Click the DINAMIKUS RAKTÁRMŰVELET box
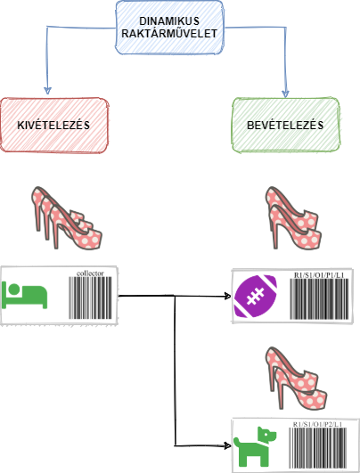pos(169,28)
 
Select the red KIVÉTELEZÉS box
pos(54,126)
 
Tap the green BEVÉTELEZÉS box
pos(286,126)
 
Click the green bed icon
pos(25,296)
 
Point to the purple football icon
pos(256,297)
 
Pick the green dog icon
pos(255,446)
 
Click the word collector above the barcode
pos(90,273)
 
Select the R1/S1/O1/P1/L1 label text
pos(319,275)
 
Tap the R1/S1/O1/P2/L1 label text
pos(318,424)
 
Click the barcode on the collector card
pos(90,298)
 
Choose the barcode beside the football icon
pos(319,298)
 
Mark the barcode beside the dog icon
pos(318,448)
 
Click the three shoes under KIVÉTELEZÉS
pos(67,218)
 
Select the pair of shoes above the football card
pos(293,218)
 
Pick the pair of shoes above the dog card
pos(296,378)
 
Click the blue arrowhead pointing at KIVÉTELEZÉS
pos(47,91)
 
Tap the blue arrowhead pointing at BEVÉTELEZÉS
pos(285,94)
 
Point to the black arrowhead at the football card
pos(228,296)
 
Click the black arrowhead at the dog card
pos(228,445)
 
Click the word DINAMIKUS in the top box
pos(169,21)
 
